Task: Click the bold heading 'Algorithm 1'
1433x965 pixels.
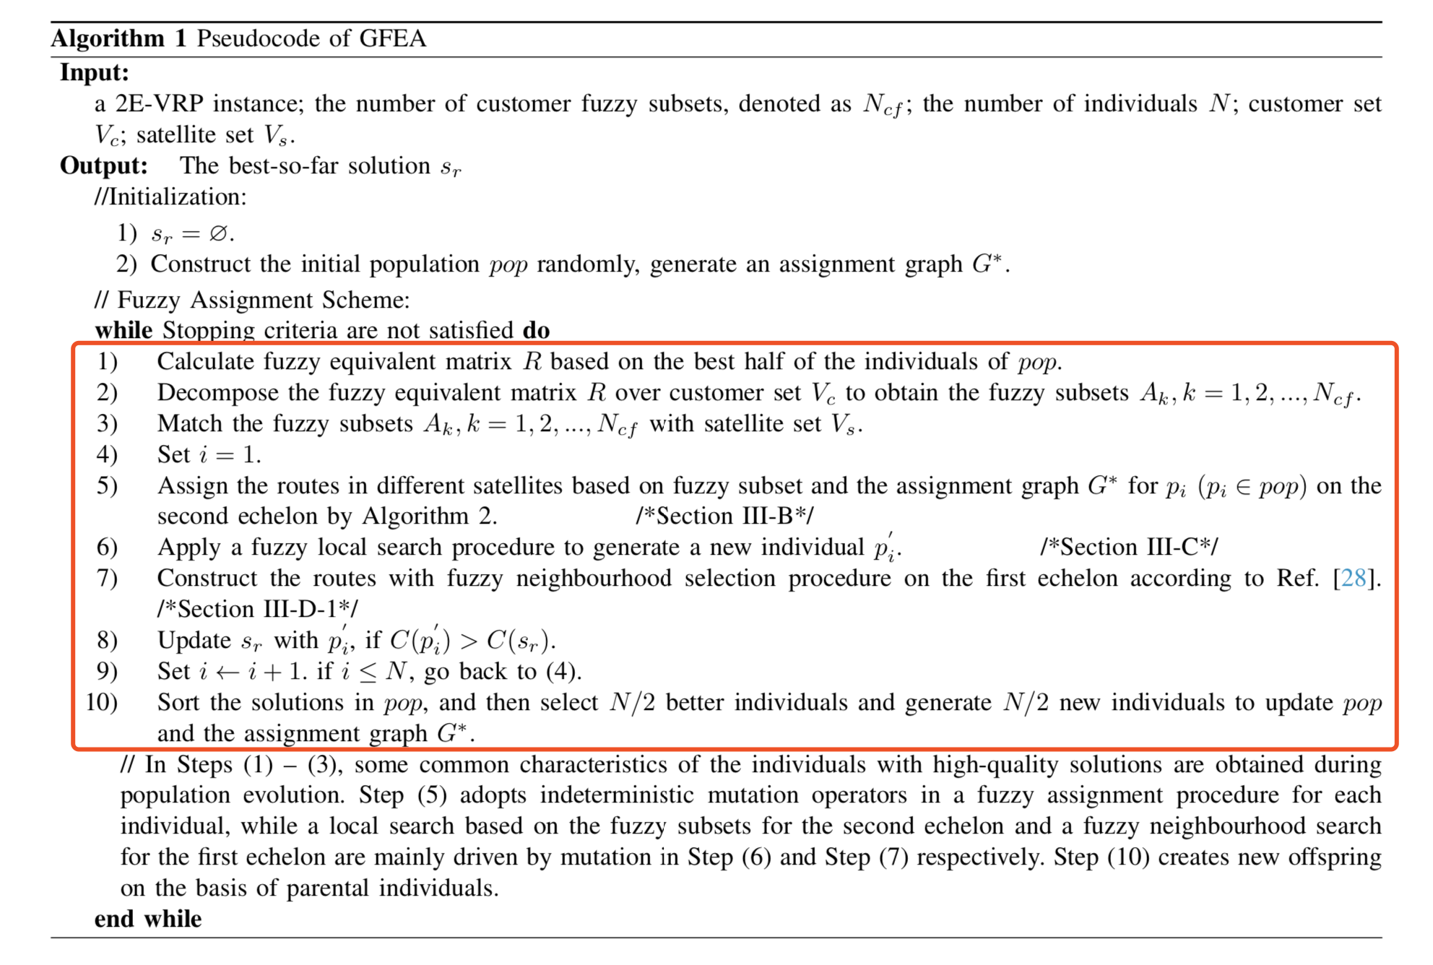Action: [x=118, y=38]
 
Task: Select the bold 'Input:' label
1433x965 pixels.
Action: [x=95, y=73]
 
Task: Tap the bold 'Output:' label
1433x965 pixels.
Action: [x=104, y=165]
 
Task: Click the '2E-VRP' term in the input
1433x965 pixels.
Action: [x=160, y=104]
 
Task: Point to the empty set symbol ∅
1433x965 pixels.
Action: [x=218, y=233]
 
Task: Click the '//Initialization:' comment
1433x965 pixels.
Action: [x=170, y=196]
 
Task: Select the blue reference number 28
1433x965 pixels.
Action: [x=1354, y=578]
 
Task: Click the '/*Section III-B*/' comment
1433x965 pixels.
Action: [x=724, y=516]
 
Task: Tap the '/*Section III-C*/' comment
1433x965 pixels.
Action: [x=1129, y=547]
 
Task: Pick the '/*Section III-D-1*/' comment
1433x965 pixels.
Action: [x=257, y=609]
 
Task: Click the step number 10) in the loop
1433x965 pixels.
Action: [x=101, y=702]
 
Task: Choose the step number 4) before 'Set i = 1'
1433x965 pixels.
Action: [x=107, y=454]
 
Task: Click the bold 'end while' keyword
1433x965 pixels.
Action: [x=148, y=919]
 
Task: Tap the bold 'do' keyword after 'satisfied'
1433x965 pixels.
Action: [x=536, y=330]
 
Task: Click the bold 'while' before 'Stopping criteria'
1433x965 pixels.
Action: [x=124, y=330]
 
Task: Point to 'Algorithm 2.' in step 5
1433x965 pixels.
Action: [x=429, y=516]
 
